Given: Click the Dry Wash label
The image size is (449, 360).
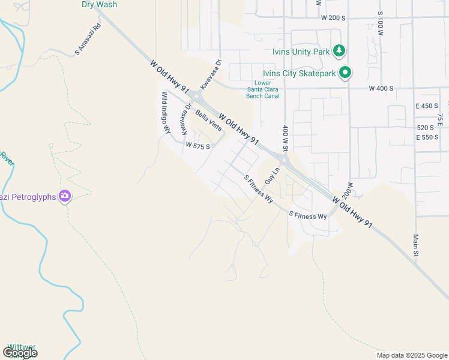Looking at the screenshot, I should click(x=99, y=4).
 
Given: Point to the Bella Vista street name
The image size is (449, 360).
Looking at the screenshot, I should click(x=208, y=120).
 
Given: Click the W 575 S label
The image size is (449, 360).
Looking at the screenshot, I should click(x=197, y=146).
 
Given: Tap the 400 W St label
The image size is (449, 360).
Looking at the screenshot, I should click(x=286, y=139).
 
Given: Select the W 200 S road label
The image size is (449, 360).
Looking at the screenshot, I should click(x=333, y=18).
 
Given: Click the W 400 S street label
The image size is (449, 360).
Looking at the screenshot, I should click(x=381, y=88).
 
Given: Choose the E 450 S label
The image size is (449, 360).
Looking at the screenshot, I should click(x=427, y=106).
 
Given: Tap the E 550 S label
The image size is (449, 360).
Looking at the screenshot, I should click(x=427, y=137).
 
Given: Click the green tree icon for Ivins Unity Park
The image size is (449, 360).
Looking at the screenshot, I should click(x=340, y=51).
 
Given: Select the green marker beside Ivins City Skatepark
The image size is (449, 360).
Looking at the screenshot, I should click(x=345, y=73).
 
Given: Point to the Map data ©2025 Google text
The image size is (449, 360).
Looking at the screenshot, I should click(x=412, y=355).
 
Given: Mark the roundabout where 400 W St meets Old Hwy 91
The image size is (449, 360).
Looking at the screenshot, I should click(x=284, y=160).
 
